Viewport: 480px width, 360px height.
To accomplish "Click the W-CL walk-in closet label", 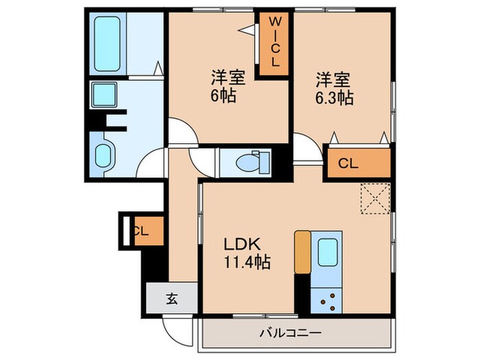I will tap(274, 43).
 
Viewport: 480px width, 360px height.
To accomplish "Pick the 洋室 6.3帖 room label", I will tap(334, 88).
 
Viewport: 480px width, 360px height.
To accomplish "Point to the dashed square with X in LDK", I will tap(374, 198).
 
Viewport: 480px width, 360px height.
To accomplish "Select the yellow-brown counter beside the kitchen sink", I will tap(302, 252).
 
